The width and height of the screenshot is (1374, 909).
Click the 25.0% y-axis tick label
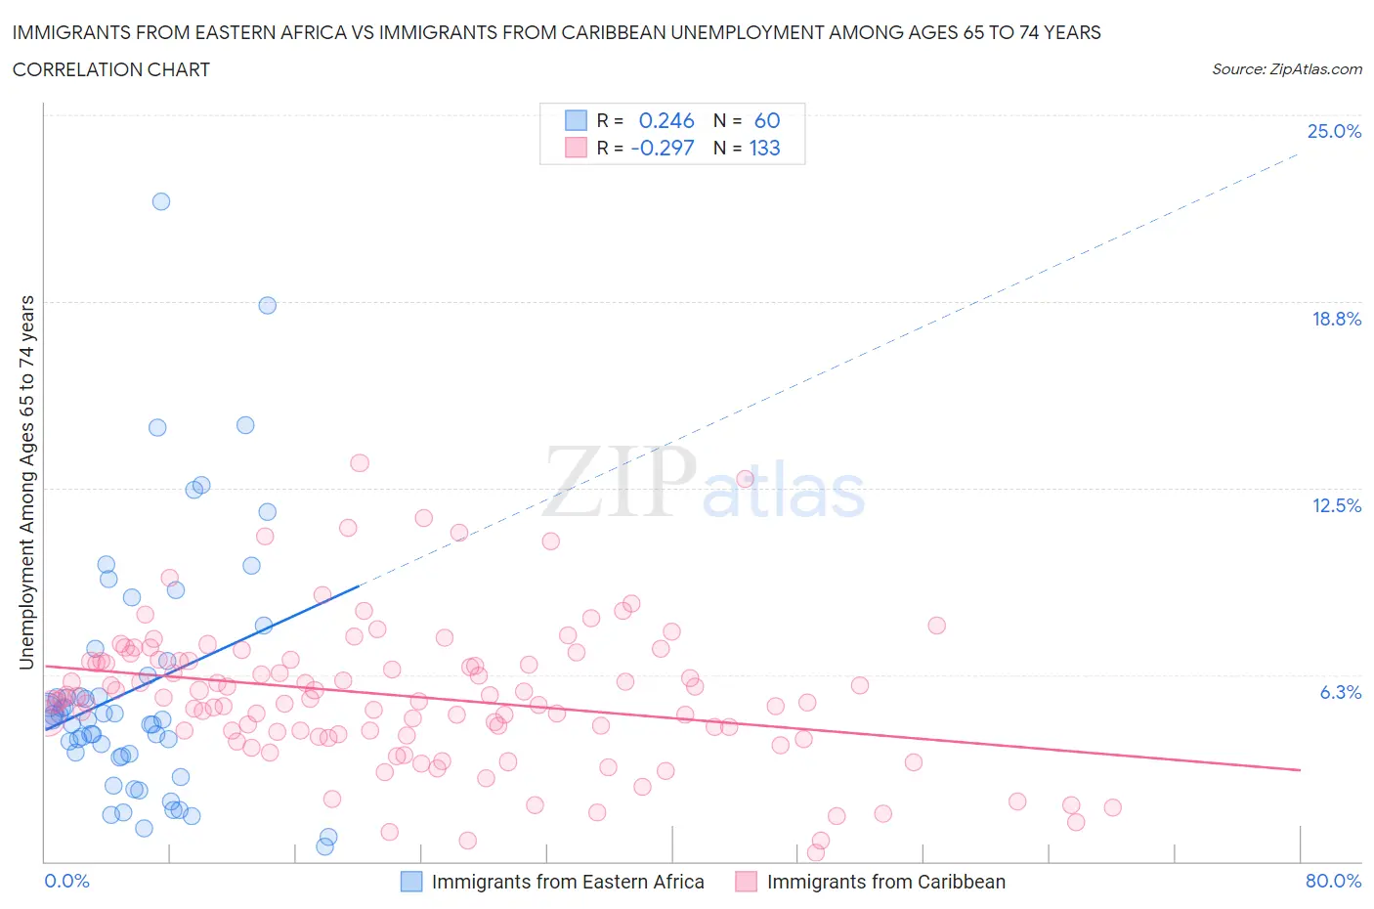pos(1334,131)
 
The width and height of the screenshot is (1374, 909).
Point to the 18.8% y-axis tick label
pos(1336,319)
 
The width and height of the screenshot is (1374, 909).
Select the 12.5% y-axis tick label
pos(1336,505)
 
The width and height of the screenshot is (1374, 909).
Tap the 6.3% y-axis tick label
pos(1340,692)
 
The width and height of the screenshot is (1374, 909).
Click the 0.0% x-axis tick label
pos(66,881)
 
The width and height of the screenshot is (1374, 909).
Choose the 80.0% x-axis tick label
pos(1333,881)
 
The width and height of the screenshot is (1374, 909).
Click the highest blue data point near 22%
pos(161,201)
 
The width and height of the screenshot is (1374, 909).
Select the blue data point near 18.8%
pos(267,305)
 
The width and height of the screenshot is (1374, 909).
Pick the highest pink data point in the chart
pos(360,463)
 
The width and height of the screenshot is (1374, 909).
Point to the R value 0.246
pos(666,120)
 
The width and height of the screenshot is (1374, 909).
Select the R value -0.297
pos(663,148)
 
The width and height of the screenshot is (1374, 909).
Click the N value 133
pos(764,148)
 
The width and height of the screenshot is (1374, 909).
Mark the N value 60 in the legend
pos(767,120)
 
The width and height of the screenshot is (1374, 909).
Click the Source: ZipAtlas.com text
pos(1286,68)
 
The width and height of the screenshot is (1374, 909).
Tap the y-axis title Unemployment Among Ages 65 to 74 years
pos(26,483)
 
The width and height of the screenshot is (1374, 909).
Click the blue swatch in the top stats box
pos(576,120)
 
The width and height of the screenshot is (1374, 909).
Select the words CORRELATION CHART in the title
pos(111,69)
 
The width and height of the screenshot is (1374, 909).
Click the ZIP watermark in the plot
pos(620,481)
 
